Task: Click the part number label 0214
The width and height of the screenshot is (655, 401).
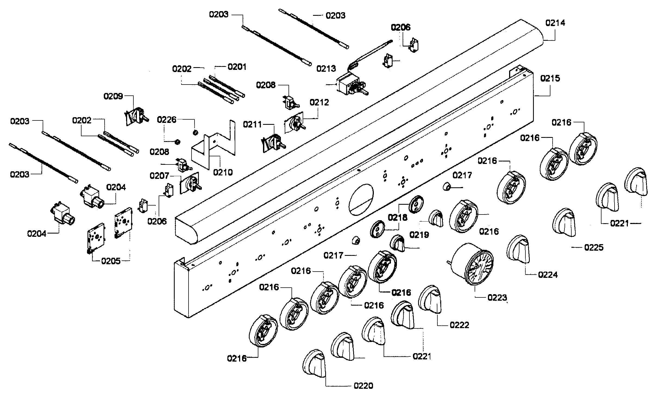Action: [555, 23]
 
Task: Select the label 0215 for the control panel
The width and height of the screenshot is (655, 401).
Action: [550, 79]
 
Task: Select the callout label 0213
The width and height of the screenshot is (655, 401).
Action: [326, 69]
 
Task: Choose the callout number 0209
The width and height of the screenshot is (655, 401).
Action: [113, 96]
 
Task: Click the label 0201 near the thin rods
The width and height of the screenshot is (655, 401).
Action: [237, 67]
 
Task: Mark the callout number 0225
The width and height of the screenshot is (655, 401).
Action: [594, 247]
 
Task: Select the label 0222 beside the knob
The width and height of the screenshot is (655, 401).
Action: [459, 325]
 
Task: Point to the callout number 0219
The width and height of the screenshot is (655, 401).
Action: [419, 235]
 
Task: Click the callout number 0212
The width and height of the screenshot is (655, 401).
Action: [319, 102]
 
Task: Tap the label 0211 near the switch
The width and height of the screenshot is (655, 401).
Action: [252, 125]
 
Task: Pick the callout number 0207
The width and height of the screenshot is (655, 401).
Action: [159, 176]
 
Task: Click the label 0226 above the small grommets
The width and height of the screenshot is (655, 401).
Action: [167, 120]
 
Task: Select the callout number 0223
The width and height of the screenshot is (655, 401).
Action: [497, 298]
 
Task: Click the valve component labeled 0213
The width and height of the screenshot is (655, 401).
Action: [349, 86]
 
